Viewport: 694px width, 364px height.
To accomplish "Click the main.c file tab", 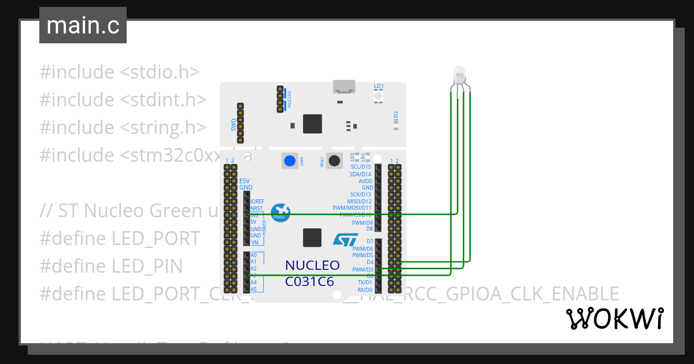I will (x=83, y=26).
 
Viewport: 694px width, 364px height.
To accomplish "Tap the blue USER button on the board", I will (x=290, y=161).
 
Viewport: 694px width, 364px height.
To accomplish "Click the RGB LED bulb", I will (x=459, y=74).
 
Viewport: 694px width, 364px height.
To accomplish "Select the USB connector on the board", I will (x=344, y=87).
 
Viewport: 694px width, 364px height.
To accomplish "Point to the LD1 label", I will (x=379, y=86).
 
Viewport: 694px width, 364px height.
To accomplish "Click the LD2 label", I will (x=396, y=116).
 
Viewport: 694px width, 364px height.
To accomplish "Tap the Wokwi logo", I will (x=615, y=318).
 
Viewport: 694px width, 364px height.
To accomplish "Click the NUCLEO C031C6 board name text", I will (x=312, y=273).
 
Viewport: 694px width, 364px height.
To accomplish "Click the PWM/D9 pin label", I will (x=362, y=222).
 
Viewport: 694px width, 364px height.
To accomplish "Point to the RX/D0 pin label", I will (x=364, y=289).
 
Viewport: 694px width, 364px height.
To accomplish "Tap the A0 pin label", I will (x=253, y=255).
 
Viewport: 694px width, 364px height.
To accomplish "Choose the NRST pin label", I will (x=256, y=208).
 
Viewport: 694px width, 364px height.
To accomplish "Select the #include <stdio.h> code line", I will (x=119, y=72).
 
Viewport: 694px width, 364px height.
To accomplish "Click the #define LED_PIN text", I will (x=111, y=266).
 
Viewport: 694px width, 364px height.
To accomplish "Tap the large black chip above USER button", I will (x=312, y=124).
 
